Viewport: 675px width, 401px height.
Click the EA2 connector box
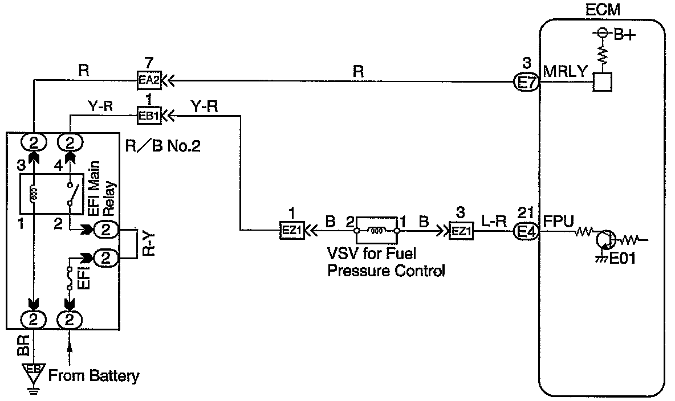[x=149, y=81]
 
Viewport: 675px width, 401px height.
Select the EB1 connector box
[x=149, y=116]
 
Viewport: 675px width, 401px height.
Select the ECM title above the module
[x=603, y=10]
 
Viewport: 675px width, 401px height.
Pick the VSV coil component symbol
[x=376, y=231]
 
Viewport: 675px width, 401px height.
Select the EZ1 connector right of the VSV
[x=461, y=231]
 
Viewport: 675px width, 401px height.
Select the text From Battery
[x=93, y=376]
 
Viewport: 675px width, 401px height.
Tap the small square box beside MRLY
[x=601, y=82]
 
